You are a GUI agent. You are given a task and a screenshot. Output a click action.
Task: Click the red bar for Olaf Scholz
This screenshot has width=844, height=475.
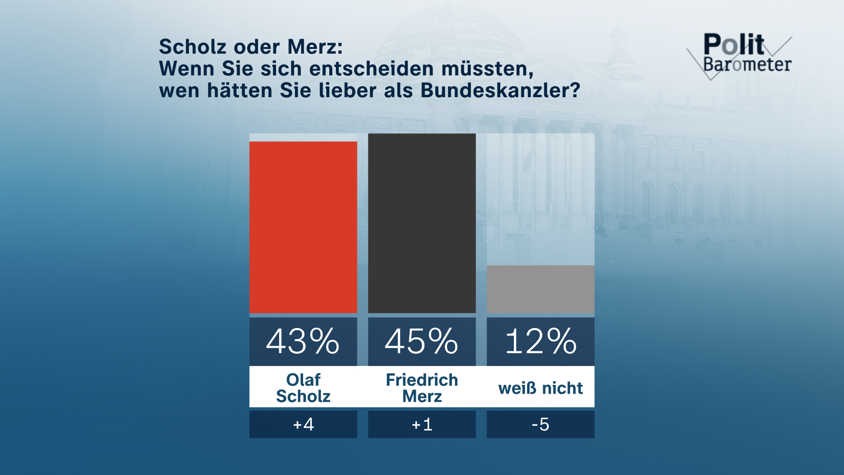click(x=303, y=227)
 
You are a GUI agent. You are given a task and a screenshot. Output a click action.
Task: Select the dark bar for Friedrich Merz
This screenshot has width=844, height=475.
click(x=422, y=223)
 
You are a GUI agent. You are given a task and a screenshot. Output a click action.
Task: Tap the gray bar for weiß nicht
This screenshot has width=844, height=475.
click(x=540, y=289)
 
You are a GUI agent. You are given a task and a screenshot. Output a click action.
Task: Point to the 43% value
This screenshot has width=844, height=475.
click(x=303, y=341)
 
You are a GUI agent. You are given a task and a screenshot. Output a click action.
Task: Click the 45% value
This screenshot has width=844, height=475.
click(x=422, y=341)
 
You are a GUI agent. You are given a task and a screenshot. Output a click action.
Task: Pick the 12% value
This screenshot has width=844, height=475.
click(x=540, y=341)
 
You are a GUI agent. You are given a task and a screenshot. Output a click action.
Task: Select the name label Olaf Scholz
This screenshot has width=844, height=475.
click(x=303, y=388)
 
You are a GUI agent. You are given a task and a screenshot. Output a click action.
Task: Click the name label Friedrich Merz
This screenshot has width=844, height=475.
click(x=422, y=388)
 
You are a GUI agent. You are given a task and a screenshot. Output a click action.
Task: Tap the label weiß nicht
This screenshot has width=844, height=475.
click(x=540, y=388)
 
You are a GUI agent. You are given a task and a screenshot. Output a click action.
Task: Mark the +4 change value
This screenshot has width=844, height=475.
click(x=303, y=424)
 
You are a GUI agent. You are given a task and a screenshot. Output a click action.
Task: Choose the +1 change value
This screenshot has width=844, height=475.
click(x=422, y=424)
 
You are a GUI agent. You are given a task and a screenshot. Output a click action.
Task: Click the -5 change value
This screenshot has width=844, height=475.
click(x=540, y=424)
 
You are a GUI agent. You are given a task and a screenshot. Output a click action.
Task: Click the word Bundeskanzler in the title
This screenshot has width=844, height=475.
click(x=500, y=91)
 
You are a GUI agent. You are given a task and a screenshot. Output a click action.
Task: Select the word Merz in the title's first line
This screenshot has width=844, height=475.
click(x=315, y=47)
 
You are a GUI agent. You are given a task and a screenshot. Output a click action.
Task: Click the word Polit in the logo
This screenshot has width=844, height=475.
click(x=734, y=44)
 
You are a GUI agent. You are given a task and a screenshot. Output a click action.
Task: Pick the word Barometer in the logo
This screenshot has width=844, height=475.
click(x=747, y=65)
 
